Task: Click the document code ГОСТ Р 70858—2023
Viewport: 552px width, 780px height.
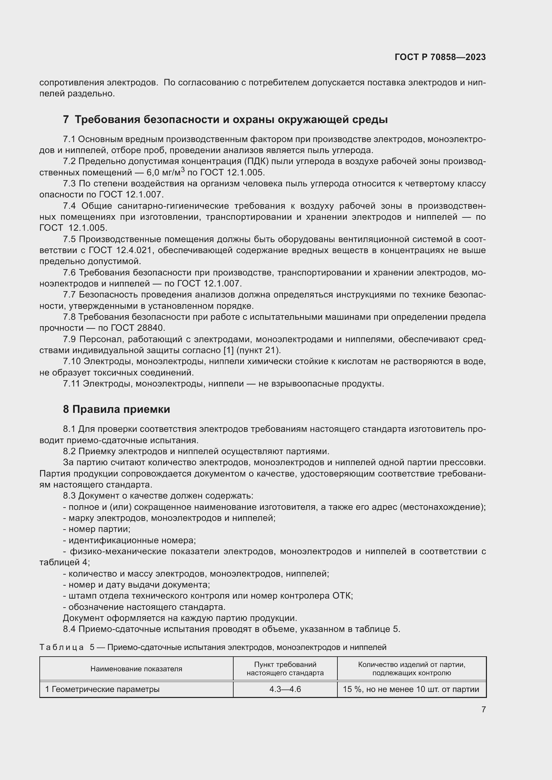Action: (440, 57)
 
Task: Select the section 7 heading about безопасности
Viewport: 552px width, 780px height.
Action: (225, 120)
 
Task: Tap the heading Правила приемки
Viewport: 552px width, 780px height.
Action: (116, 410)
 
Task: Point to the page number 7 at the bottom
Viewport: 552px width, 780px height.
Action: (483, 709)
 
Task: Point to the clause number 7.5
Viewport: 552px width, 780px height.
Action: (69, 239)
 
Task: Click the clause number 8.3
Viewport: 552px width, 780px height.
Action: (69, 496)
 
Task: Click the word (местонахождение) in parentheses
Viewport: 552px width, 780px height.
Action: (443, 507)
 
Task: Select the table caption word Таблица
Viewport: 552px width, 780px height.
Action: (61, 647)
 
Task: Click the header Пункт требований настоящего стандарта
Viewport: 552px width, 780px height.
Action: (285, 669)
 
